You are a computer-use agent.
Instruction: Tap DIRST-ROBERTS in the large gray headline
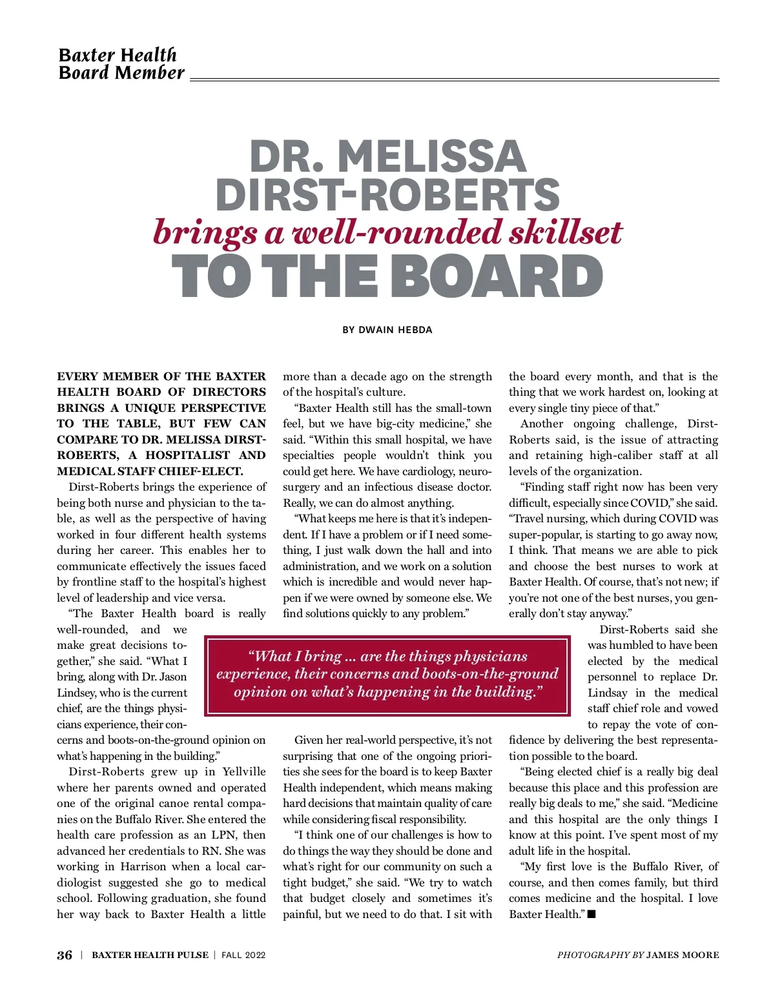[x=387, y=194]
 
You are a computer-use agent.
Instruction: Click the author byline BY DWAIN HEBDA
[x=387, y=330]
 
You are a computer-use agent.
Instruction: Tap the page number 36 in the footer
[x=65, y=955]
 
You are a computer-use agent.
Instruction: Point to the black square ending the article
[x=592, y=914]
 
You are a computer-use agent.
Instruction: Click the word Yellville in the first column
[x=243, y=771]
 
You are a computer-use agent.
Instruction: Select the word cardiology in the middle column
[x=423, y=471]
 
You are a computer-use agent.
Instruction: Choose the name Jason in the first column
[x=172, y=677]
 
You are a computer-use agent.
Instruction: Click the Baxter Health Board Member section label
[x=121, y=63]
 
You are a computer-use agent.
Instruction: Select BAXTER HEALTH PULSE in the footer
[x=150, y=955]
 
